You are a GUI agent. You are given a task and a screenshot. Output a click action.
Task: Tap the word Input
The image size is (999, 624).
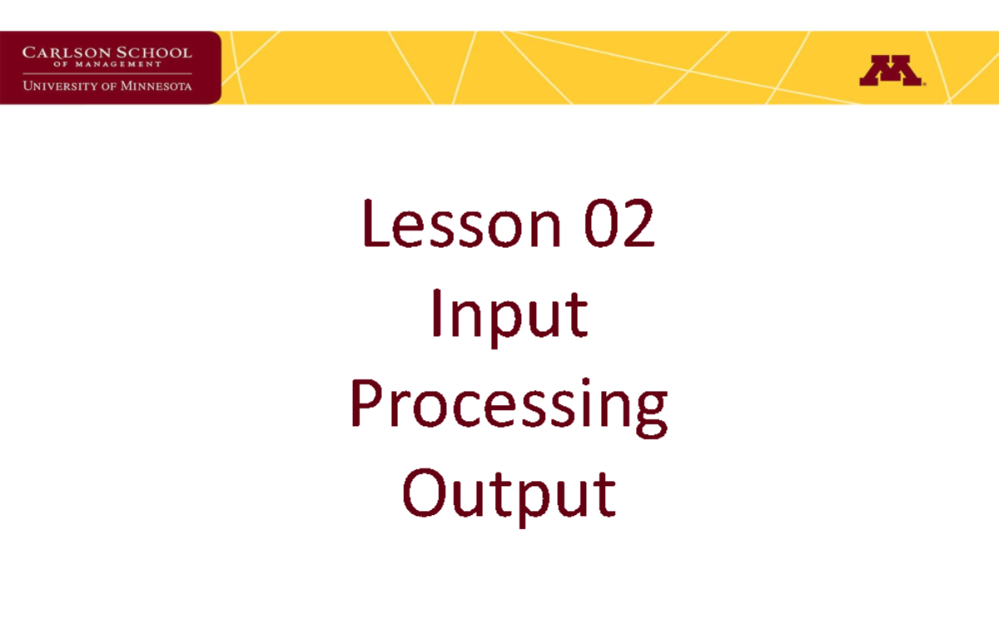click(509, 316)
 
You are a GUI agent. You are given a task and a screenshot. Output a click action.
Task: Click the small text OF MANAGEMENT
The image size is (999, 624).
click(106, 65)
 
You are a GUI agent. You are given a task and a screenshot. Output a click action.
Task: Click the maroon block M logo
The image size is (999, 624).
click(890, 72)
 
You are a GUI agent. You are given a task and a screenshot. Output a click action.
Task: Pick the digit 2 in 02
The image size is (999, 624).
click(639, 226)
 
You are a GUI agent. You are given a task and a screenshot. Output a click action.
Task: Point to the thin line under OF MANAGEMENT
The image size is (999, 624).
click(107, 74)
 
